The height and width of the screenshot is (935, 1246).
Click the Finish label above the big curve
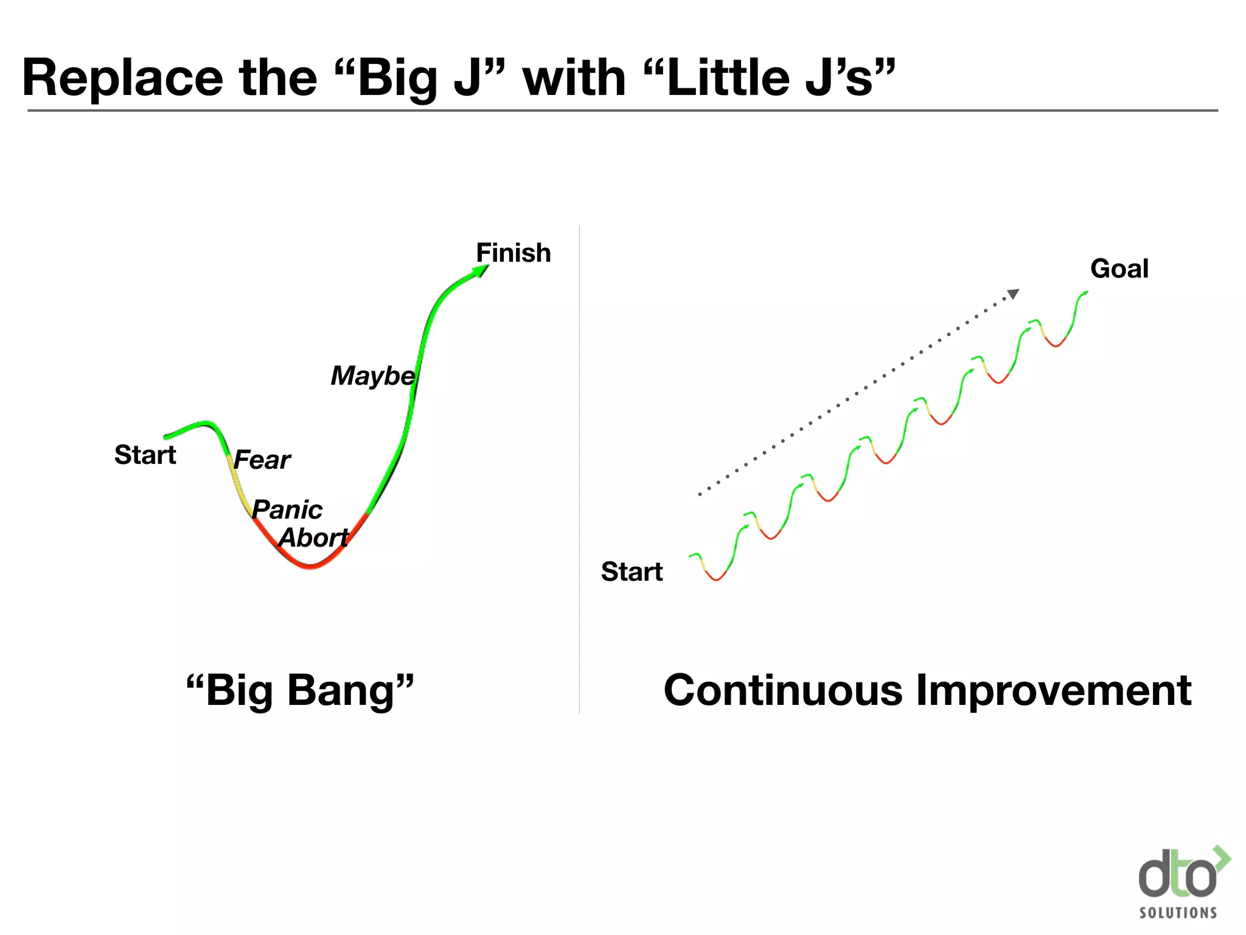pyautogui.click(x=513, y=253)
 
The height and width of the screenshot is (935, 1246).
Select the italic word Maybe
pyautogui.click(x=372, y=376)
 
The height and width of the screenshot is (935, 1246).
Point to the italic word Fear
pyautogui.click(x=262, y=460)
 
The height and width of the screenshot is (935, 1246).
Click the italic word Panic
pyautogui.click(x=287, y=510)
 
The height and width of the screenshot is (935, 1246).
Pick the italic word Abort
pyautogui.click(x=313, y=538)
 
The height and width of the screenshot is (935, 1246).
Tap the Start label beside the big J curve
pyautogui.click(x=145, y=455)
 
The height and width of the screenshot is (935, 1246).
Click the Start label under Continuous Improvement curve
pyautogui.click(x=632, y=572)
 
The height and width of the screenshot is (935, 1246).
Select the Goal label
pyautogui.click(x=1119, y=268)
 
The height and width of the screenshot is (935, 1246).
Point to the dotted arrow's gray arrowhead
pyautogui.click(x=1012, y=294)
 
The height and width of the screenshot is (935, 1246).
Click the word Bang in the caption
pyautogui.click(x=341, y=690)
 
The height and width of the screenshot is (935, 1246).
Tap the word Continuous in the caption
pyautogui.click(x=782, y=690)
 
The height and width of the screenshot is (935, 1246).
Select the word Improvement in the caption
pyautogui.click(x=1053, y=690)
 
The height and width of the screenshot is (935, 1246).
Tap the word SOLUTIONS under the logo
pyautogui.click(x=1178, y=912)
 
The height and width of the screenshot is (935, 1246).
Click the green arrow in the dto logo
pyautogui.click(x=1222, y=860)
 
